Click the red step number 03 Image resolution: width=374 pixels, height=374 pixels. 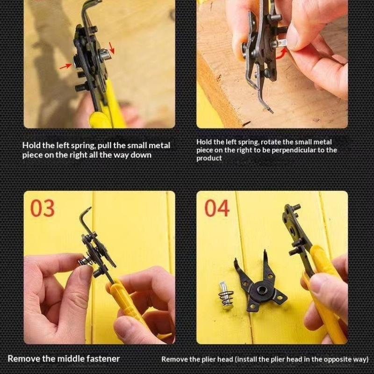pyautogui.click(x=43, y=208)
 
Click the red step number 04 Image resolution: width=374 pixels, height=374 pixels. pyautogui.click(x=217, y=208)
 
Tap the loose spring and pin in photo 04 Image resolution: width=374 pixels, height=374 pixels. pyautogui.click(x=226, y=295)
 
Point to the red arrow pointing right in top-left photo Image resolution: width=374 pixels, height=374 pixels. pyautogui.click(x=65, y=66)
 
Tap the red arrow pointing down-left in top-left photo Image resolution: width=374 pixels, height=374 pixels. pyautogui.click(x=111, y=48)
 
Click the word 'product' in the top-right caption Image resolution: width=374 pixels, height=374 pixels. pyautogui.click(x=209, y=158)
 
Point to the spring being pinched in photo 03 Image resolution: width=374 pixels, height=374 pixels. pyautogui.click(x=84, y=260)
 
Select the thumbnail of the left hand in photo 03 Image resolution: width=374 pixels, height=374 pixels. pyautogui.click(x=84, y=274)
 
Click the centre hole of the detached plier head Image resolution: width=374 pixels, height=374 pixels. pyautogui.click(x=262, y=290)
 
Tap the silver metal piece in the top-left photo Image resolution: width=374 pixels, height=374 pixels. pyautogui.click(x=105, y=55)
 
